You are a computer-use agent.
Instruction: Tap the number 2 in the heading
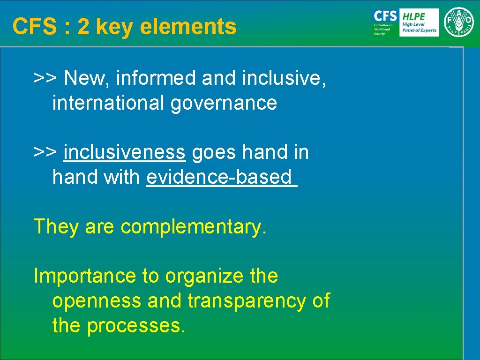(83, 27)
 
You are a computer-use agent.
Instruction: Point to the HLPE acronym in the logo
(413, 16)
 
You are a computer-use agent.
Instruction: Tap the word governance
(224, 103)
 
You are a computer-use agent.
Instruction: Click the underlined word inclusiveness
(125, 152)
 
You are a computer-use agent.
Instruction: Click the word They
(56, 226)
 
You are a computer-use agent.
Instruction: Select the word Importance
(84, 276)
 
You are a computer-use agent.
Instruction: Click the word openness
(97, 301)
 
